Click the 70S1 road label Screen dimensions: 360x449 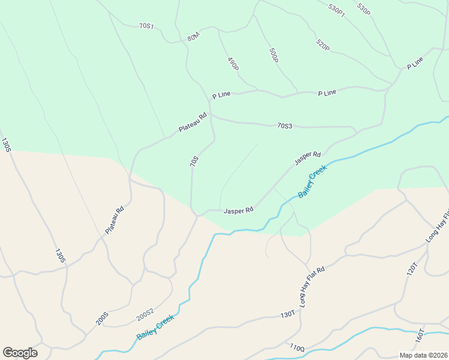[x=146, y=26]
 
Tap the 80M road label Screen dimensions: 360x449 [x=193, y=37]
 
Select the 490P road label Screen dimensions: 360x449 [x=233, y=64]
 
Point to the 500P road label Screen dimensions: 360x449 [x=274, y=55]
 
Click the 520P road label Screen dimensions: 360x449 [x=323, y=45]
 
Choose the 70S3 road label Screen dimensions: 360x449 [x=285, y=126]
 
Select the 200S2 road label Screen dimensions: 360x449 [x=145, y=315]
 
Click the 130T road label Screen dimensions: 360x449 [x=288, y=314]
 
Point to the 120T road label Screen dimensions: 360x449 [x=412, y=268]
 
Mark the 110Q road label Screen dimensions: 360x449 [x=297, y=347]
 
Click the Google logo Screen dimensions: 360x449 [x=20, y=353]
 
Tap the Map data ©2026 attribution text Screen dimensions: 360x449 [x=423, y=355]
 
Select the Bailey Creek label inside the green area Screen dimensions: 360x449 [x=312, y=182]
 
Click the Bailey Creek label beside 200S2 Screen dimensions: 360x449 [x=155, y=327]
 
